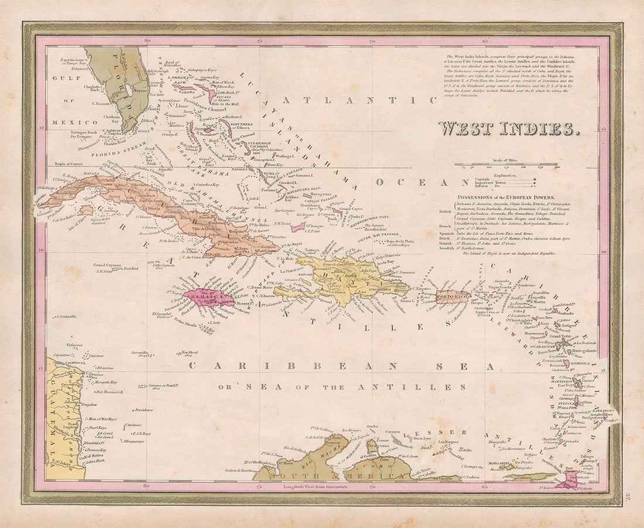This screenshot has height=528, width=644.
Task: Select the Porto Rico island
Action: [x=454, y=296]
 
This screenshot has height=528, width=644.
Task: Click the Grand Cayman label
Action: [x=108, y=265]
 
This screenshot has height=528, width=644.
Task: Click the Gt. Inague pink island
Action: [x=298, y=226]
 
